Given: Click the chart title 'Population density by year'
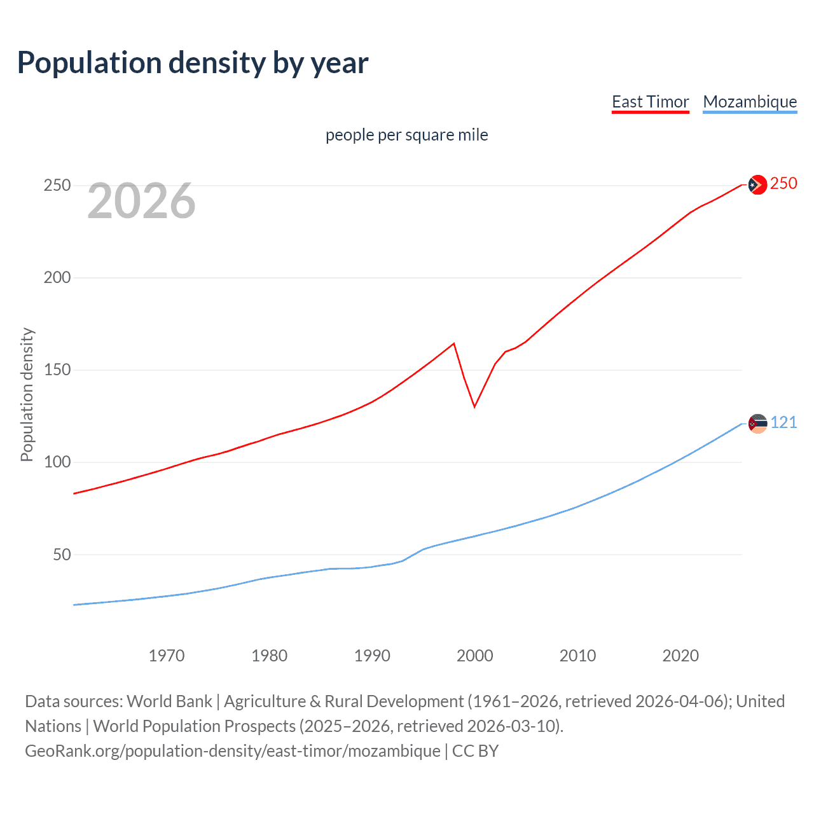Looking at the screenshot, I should click(x=193, y=63).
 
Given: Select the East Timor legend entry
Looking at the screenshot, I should click(x=650, y=102).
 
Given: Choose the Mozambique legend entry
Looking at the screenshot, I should click(x=750, y=102).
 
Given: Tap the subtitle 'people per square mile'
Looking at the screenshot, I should click(x=406, y=135).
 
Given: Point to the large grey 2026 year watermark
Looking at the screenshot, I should click(x=141, y=201).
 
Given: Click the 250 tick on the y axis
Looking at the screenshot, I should click(x=57, y=186).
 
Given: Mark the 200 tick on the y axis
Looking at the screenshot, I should click(x=57, y=278).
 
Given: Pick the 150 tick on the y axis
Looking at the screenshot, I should click(x=57, y=370).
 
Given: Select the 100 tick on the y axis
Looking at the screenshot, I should click(x=57, y=462).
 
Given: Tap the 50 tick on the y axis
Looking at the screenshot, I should click(x=62, y=555).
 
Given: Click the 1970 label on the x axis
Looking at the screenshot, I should click(x=167, y=656).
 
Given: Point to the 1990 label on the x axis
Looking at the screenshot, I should click(x=372, y=656).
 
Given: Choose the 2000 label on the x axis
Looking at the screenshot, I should click(x=475, y=656).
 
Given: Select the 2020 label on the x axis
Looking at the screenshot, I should click(x=680, y=656).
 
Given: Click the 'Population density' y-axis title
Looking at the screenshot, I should click(x=27, y=394).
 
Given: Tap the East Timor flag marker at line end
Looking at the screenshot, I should click(x=757, y=184).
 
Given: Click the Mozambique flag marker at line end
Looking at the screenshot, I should click(x=757, y=424).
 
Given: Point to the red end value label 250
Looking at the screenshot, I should click(x=783, y=184).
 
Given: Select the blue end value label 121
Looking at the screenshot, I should click(x=784, y=423).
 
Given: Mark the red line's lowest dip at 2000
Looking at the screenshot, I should click(x=474, y=406).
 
